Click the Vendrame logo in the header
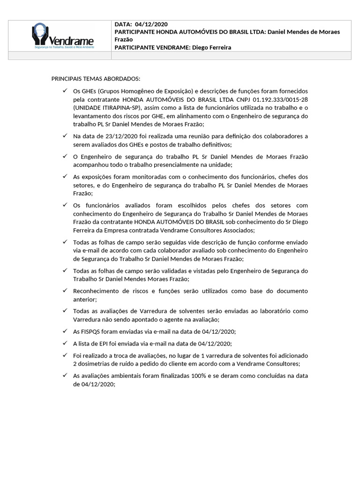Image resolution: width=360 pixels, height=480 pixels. click(x=62, y=36)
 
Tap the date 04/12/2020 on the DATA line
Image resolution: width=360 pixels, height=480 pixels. click(x=151, y=24)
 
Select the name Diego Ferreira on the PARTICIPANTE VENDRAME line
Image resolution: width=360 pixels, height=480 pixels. click(x=212, y=47)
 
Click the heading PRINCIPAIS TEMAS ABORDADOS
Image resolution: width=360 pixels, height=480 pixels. click(x=96, y=78)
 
